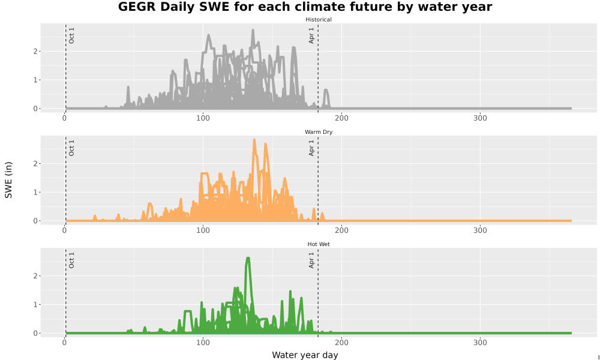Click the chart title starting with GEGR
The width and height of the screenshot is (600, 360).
pos(305,7)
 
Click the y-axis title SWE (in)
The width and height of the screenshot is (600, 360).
pos(8,180)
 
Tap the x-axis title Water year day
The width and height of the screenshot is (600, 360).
pos(305,355)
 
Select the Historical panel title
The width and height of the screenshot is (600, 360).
pos(319,20)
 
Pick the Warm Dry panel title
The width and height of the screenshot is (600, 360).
pos(319,132)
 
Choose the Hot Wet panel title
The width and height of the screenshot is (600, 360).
pos(319,244)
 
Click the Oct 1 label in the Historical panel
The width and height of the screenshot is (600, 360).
pos(71,35)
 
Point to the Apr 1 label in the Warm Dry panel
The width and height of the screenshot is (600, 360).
pos(311,148)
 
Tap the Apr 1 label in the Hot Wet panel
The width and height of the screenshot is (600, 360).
pos(311,260)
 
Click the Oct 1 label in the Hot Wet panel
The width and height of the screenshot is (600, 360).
pos(71,260)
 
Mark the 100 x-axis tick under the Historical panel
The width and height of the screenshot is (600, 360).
pos(203,118)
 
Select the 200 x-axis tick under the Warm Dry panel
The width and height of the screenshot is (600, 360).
pos(341,230)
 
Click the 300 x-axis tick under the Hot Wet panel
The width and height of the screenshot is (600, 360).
pos(480,343)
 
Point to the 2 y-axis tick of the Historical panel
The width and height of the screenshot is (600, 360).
pos(35,51)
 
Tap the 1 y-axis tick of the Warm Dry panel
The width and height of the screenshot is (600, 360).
pos(35,193)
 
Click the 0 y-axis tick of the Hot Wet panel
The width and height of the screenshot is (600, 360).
pos(35,333)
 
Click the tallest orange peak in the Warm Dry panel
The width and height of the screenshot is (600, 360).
pos(254,140)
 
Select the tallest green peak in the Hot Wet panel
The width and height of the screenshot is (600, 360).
pos(248,258)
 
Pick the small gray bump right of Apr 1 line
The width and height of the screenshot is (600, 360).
pos(326,90)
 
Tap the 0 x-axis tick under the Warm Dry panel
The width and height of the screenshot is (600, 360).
pos(64,230)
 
